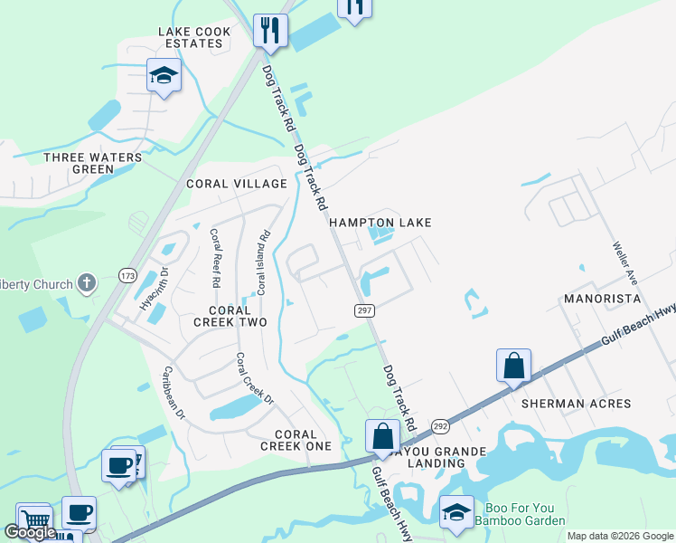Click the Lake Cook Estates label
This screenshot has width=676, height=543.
[194, 38]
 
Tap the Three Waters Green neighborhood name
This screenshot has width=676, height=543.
[93, 163]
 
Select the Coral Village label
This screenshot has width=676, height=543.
[236, 184]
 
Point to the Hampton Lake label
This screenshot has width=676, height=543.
[380, 223]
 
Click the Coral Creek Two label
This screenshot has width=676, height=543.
[222, 316]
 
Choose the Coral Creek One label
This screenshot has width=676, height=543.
[296, 440]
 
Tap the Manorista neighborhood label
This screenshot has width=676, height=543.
[602, 298]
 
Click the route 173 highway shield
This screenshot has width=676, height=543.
[126, 273]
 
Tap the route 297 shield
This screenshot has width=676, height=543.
[359, 310]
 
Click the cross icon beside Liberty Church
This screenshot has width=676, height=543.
[87, 283]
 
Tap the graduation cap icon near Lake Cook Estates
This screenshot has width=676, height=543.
[164, 76]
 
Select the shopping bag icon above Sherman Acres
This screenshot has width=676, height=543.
[513, 366]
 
